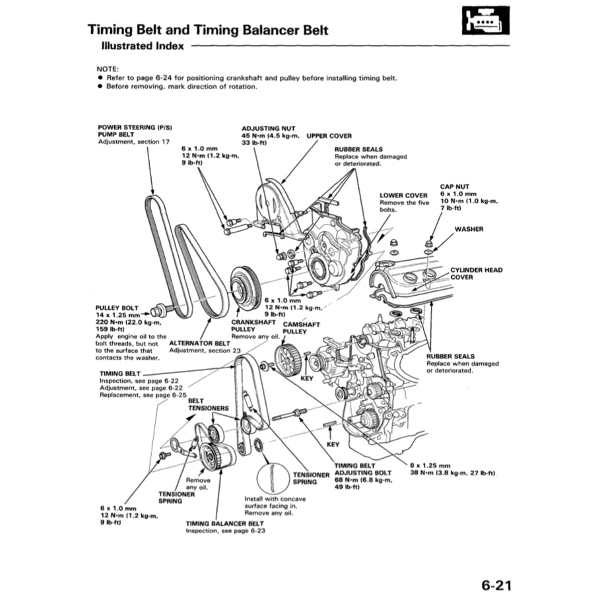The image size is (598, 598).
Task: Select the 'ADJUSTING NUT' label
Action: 269,129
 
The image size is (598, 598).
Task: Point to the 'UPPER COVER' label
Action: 329,136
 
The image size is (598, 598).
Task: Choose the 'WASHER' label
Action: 469,229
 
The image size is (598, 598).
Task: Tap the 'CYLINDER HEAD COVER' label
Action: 476,273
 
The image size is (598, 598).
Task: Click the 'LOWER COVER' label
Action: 403,195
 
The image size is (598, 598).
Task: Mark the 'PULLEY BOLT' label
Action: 117,308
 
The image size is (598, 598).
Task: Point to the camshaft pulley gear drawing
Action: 288,362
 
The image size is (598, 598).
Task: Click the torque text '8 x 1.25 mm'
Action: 430,465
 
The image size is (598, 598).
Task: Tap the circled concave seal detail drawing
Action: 270,477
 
